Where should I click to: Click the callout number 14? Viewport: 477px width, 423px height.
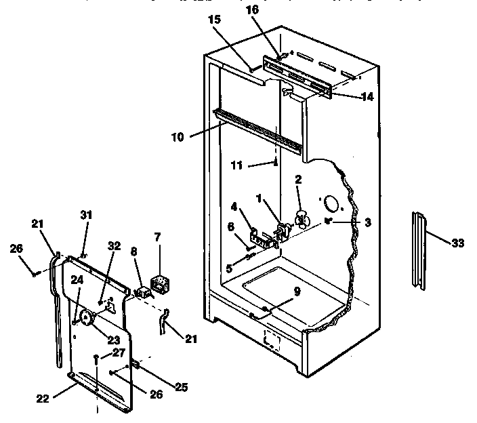[367, 96]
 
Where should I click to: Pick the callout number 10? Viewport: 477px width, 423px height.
[177, 136]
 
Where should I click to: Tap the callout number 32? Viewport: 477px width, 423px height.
[113, 246]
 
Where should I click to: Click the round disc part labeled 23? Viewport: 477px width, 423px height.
[86, 316]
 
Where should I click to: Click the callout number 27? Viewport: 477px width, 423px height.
[119, 352]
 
